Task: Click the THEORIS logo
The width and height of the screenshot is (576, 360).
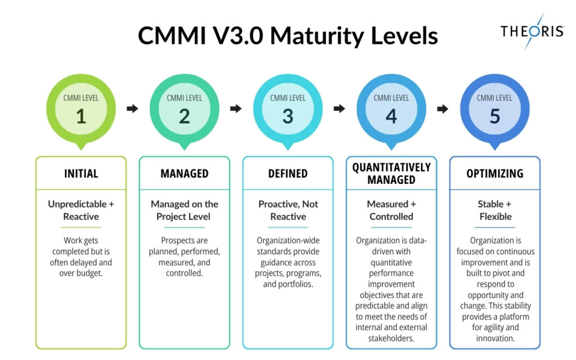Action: click(532, 31)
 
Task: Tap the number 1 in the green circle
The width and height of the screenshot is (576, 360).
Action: click(81, 116)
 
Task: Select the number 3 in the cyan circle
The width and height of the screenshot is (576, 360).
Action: click(287, 116)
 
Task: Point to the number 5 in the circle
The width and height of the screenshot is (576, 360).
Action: click(494, 116)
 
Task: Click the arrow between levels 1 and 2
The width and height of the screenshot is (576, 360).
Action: click(132, 109)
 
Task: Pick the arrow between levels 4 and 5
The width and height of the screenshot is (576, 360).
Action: click(443, 109)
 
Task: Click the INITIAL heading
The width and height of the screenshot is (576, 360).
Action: click(81, 173)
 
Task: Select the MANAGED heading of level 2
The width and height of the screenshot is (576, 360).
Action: click(184, 173)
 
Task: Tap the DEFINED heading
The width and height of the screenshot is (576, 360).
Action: click(287, 173)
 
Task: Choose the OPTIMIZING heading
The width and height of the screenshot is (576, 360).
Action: click(494, 173)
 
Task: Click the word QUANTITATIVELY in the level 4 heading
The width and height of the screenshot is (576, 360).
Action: click(391, 167)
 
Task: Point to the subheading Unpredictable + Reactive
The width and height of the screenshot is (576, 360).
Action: click(81, 210)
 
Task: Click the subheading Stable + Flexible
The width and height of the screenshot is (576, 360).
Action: click(494, 210)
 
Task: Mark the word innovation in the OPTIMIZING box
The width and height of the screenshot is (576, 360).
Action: click(494, 338)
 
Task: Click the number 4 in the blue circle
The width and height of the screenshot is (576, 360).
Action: click(391, 116)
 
